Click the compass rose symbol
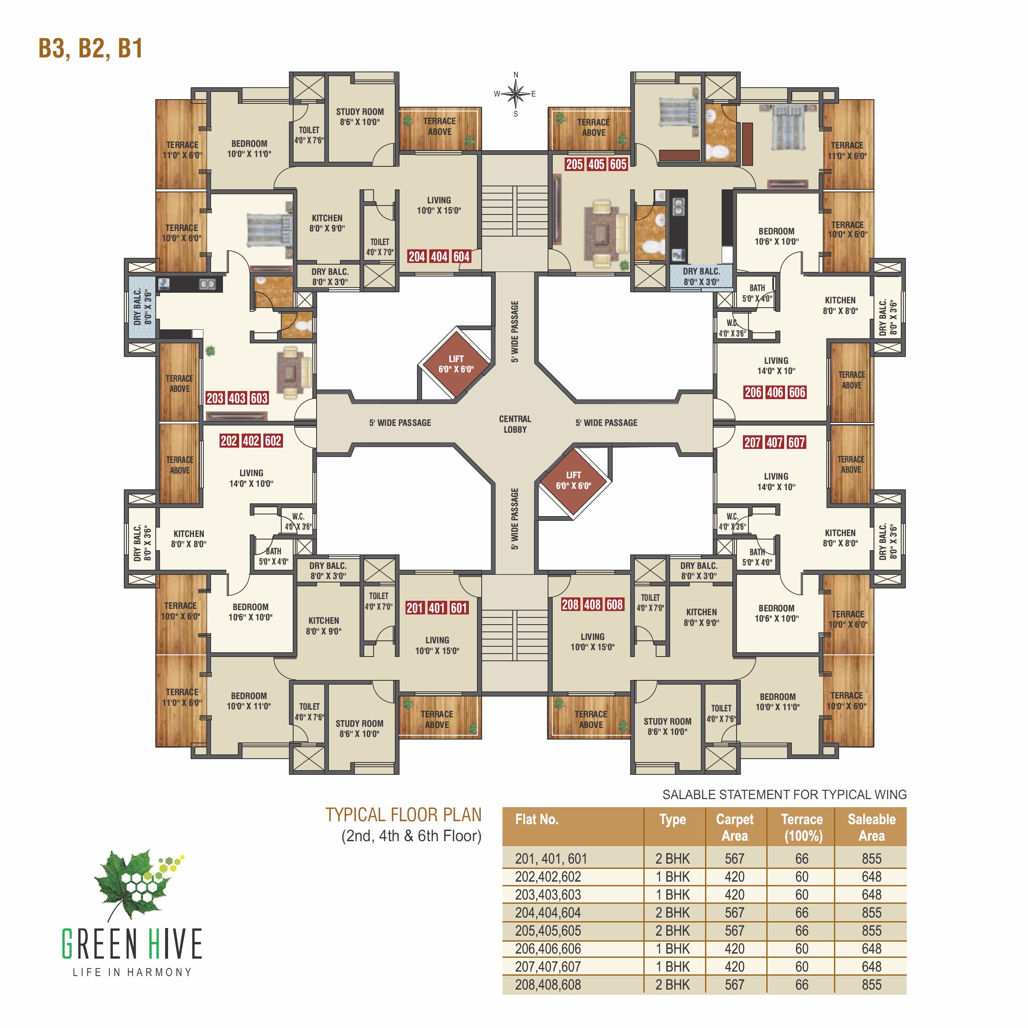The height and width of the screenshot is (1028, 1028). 515,94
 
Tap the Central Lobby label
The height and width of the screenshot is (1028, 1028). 515,424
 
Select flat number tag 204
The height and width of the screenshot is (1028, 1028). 417,257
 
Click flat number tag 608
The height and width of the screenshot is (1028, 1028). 614,605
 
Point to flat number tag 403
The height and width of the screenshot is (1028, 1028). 237,398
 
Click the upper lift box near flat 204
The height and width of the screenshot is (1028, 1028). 456,364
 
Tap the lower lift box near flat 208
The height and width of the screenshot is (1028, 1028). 574,480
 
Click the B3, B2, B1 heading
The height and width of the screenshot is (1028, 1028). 91,49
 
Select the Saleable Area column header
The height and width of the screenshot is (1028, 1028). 871,828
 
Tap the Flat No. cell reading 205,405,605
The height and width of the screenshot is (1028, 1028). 548,931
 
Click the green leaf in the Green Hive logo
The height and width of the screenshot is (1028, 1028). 133,883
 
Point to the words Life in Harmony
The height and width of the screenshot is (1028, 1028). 132,972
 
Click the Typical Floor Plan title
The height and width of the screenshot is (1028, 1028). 403,815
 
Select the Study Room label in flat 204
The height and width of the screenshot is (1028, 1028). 360,117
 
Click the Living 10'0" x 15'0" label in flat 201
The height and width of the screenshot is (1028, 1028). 437,645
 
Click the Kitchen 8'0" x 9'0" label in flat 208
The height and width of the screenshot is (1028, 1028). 701,617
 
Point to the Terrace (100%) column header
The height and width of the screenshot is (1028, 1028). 802,828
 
